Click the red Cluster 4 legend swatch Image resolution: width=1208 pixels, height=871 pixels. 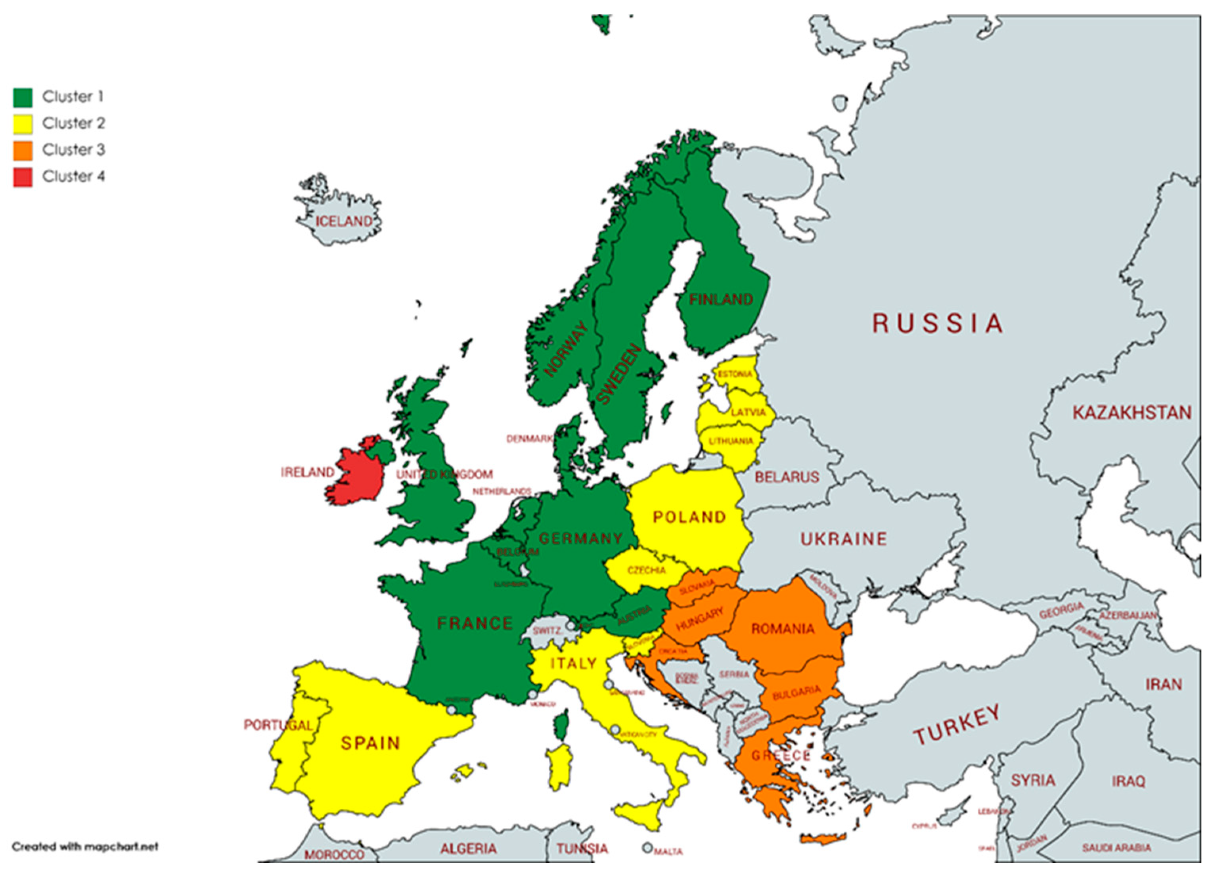coord(22,177)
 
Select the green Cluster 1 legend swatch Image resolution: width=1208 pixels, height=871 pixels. coord(22,98)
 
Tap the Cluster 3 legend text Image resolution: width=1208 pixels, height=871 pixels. coord(73,150)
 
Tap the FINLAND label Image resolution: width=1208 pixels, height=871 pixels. coord(721,299)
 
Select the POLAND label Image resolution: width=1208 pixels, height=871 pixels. coord(689,517)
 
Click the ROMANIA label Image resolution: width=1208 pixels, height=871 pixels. coord(783,629)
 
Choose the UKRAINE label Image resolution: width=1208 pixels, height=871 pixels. coord(844,539)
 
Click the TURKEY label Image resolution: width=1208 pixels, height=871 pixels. coord(957,725)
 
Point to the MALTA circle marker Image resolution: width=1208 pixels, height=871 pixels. coord(647,847)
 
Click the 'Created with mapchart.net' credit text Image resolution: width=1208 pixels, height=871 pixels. coord(85,846)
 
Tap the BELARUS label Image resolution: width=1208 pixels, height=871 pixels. coord(787,477)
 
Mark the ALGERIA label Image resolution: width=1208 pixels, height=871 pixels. coord(468,848)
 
